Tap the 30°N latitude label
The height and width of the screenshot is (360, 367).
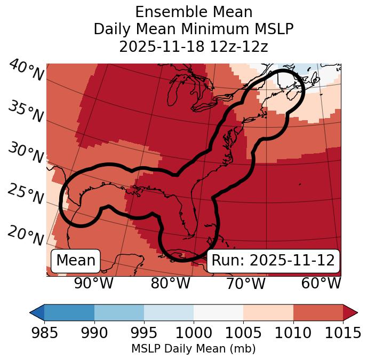pos(26,153)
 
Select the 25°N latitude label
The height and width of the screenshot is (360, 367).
pos(26,194)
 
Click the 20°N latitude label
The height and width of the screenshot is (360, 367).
pos(26,235)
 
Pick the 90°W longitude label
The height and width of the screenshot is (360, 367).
pos(93,283)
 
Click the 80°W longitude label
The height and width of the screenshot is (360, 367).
pos(170,283)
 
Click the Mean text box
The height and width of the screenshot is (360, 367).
pos(76,261)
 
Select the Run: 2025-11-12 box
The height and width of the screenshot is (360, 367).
pos(273,261)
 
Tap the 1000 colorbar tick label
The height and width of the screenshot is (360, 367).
pos(194,333)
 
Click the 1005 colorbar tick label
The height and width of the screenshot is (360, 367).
pos(243,333)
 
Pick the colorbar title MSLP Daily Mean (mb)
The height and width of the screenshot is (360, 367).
pos(193,349)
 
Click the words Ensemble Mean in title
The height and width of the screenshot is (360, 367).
pos(193,12)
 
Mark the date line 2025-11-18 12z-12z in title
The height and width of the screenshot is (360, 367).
pos(193,46)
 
